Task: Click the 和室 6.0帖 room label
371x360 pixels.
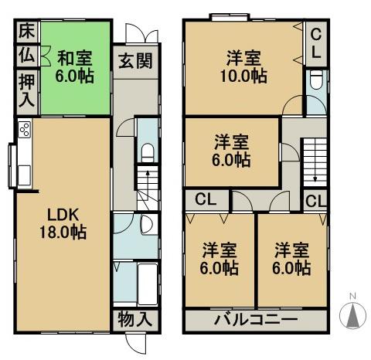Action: pos(75,66)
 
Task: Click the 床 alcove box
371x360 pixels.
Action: pos(26,33)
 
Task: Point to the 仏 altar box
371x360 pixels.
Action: pos(26,56)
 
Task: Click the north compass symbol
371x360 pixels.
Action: pos(353,314)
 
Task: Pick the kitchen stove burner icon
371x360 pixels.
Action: pos(23,129)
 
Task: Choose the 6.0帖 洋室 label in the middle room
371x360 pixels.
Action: pos(232,151)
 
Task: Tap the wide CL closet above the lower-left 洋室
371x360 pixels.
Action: pos(205,200)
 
